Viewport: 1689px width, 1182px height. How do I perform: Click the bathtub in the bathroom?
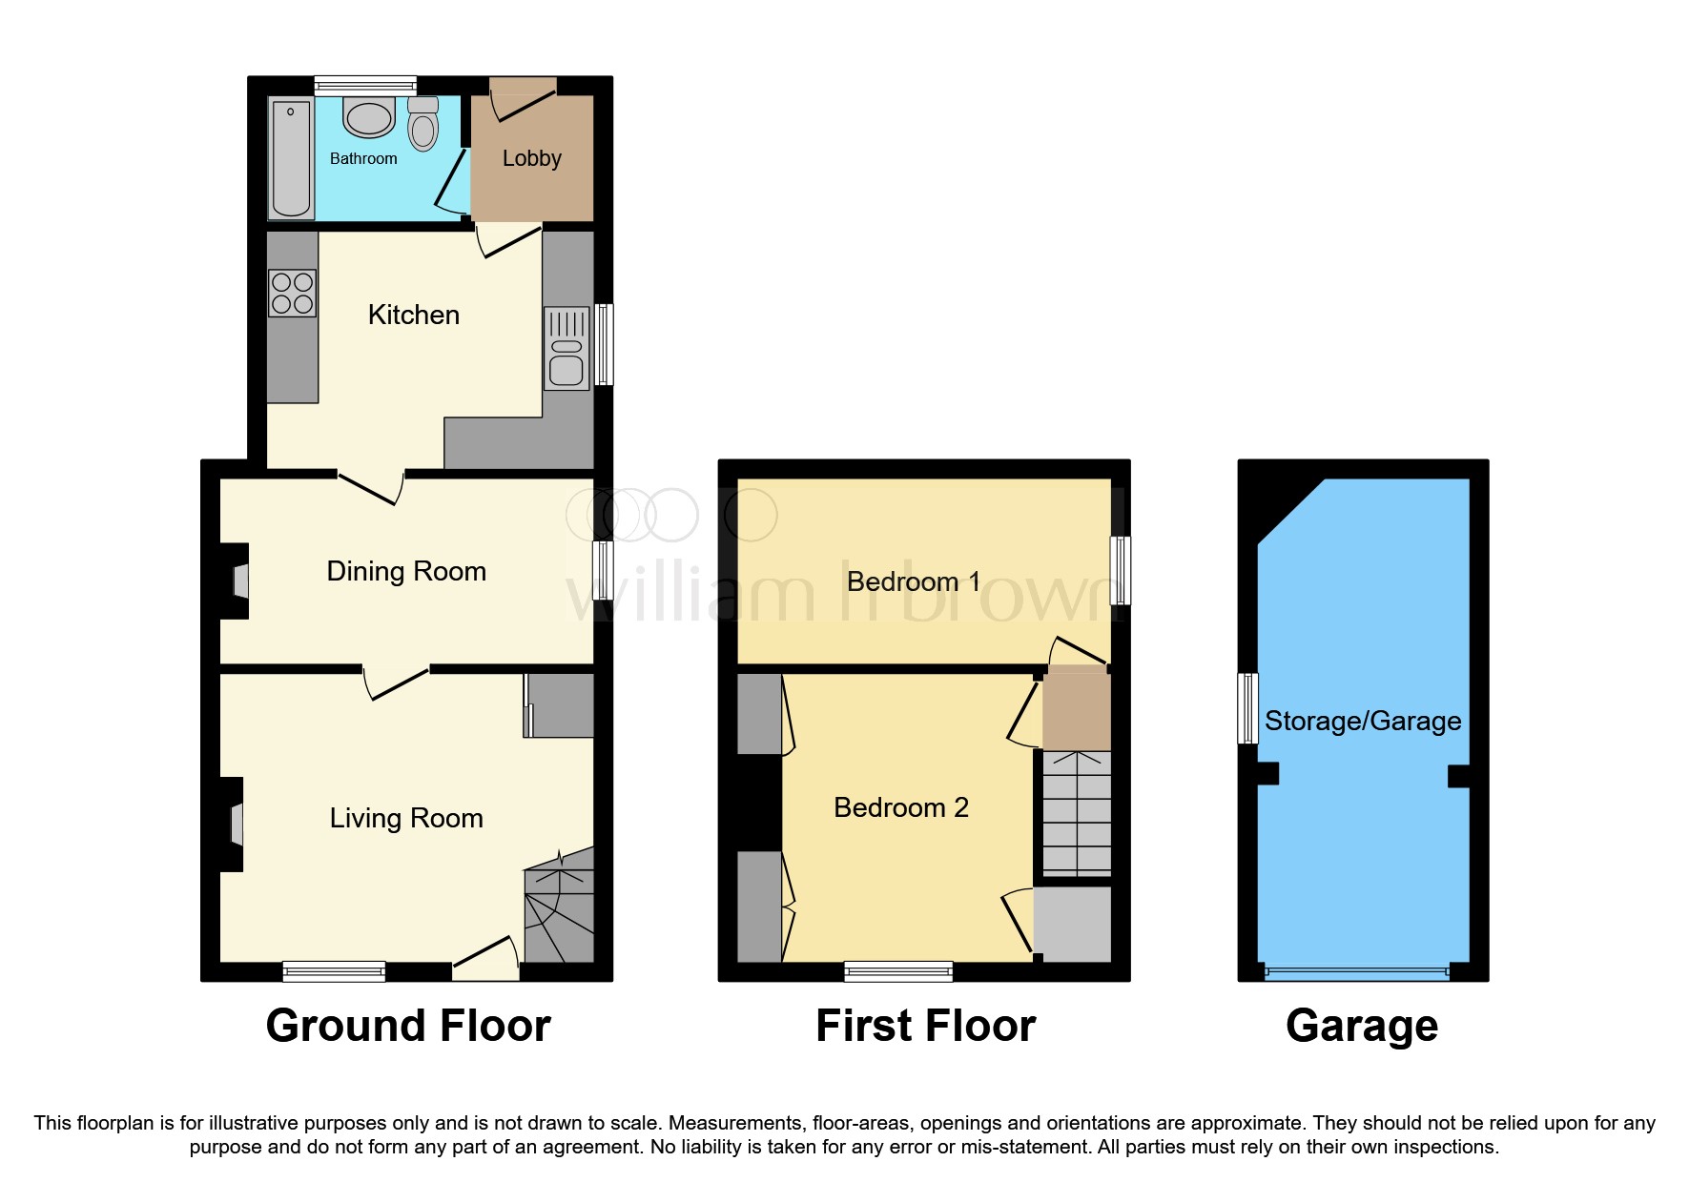(291, 159)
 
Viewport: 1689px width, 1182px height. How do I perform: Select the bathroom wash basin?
(369, 118)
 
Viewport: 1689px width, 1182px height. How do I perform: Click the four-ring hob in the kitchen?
(292, 294)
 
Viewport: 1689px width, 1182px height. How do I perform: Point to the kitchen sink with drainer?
(566, 349)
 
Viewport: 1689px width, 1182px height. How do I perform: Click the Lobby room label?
(531, 158)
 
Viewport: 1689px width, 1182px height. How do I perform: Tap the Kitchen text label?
(414, 315)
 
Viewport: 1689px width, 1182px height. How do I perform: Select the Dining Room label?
(406, 571)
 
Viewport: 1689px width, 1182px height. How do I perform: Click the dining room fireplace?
(238, 581)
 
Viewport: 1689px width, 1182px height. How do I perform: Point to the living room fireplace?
(235, 824)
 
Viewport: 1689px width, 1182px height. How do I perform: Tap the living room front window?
(334, 971)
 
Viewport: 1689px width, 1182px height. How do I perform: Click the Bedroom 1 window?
(1122, 570)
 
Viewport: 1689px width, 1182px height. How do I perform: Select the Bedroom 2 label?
(900, 807)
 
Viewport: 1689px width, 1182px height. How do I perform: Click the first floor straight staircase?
(1077, 813)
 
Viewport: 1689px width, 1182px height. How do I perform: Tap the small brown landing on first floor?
(1077, 710)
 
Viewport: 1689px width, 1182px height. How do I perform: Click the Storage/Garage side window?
(1246, 708)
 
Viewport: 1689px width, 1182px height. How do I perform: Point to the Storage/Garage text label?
(1362, 721)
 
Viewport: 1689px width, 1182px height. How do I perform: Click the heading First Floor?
(925, 1026)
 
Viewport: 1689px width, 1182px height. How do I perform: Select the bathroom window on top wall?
(365, 85)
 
